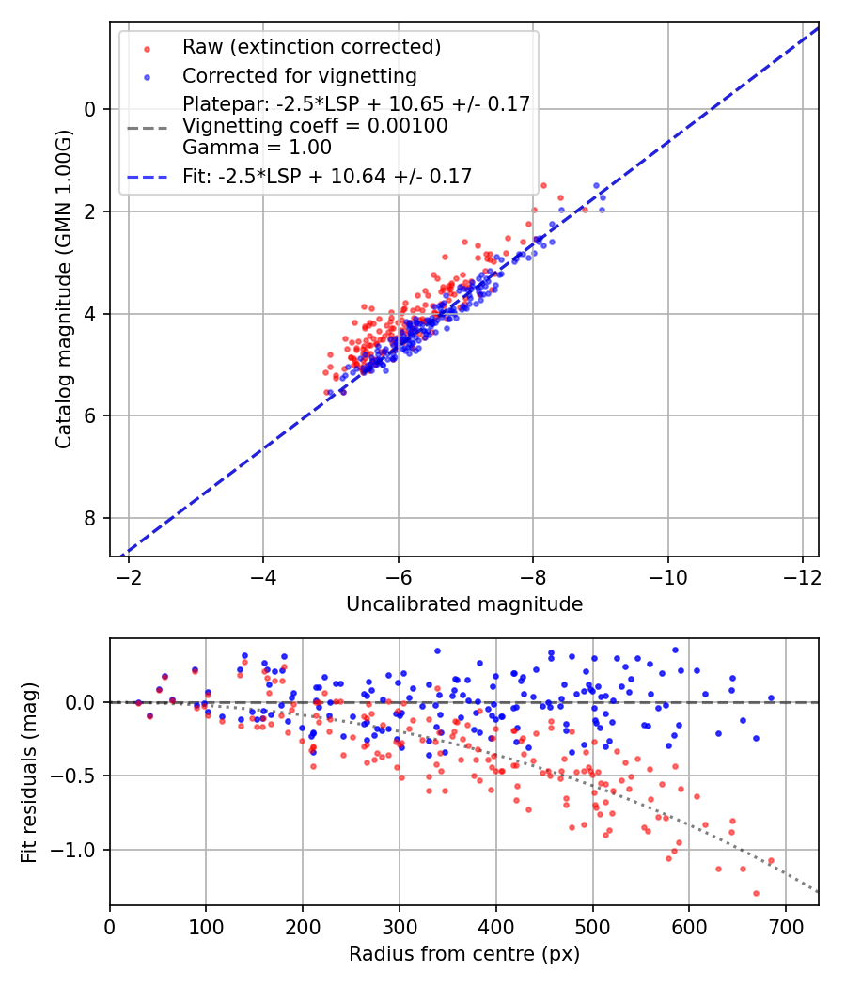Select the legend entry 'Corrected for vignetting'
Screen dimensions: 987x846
(300, 75)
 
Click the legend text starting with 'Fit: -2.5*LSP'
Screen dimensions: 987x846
(327, 176)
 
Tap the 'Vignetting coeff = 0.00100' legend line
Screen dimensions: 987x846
(315, 125)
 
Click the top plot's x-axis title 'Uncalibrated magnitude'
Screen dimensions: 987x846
(464, 604)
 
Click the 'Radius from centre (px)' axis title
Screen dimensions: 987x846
(464, 954)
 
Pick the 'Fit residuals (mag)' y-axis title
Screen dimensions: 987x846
(29, 773)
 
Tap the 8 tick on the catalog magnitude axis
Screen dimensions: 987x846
(90, 519)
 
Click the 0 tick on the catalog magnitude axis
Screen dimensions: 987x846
(90, 109)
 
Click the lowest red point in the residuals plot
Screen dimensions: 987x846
(756, 893)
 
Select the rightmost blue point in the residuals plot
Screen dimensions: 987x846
(771, 698)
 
